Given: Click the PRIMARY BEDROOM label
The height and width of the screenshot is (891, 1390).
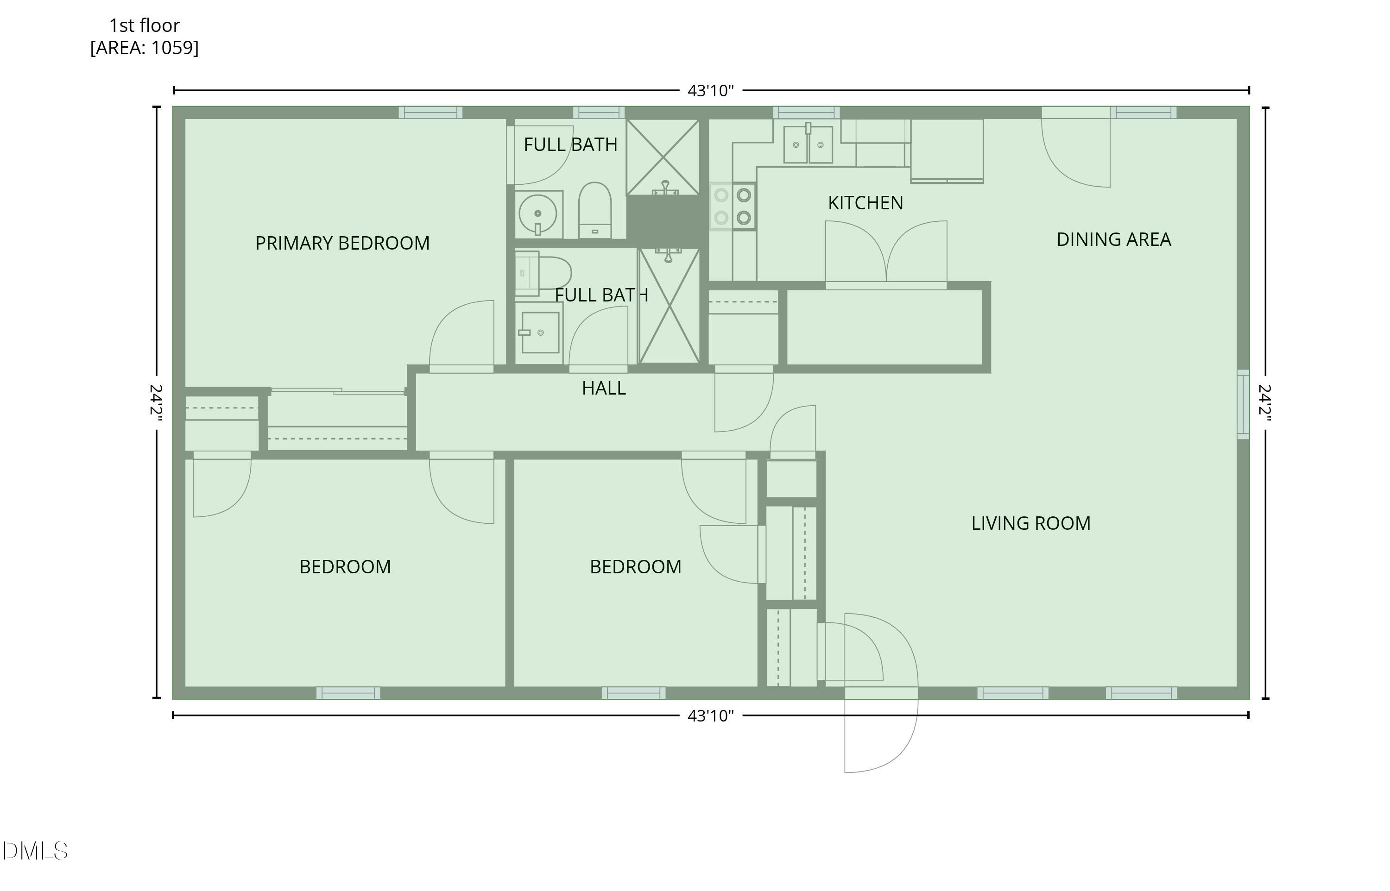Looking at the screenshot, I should [x=342, y=243].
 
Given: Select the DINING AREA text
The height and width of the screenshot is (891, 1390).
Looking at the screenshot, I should [x=1113, y=239].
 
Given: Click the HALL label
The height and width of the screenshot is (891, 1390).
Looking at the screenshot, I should [x=604, y=388].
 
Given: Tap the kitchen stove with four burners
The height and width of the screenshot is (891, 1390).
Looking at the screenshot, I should [x=733, y=207].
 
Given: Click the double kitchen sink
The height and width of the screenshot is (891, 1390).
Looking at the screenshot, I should [x=808, y=144].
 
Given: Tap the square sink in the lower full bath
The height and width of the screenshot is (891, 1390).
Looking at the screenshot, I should [x=540, y=333].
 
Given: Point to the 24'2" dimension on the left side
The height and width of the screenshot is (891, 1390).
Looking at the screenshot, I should [x=156, y=402].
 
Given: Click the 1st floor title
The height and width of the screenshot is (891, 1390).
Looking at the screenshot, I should [x=144, y=25].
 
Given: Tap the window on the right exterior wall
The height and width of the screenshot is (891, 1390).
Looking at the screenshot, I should [x=1243, y=404].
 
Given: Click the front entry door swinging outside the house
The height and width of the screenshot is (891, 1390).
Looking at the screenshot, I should [x=881, y=735].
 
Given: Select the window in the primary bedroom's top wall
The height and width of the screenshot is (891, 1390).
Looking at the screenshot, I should [x=430, y=112].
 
